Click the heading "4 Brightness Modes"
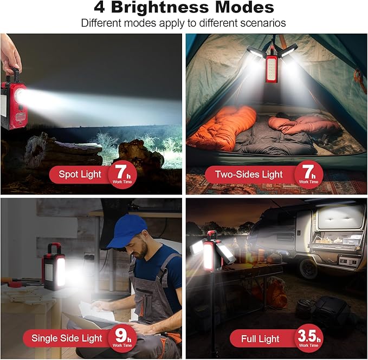point(184,8)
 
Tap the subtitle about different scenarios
point(184,23)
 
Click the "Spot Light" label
point(80,174)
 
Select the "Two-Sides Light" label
point(249,174)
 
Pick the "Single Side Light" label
point(67,339)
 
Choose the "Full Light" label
point(261,339)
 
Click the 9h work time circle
point(122,337)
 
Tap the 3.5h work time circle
point(309,337)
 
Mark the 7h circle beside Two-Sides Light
point(309,173)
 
